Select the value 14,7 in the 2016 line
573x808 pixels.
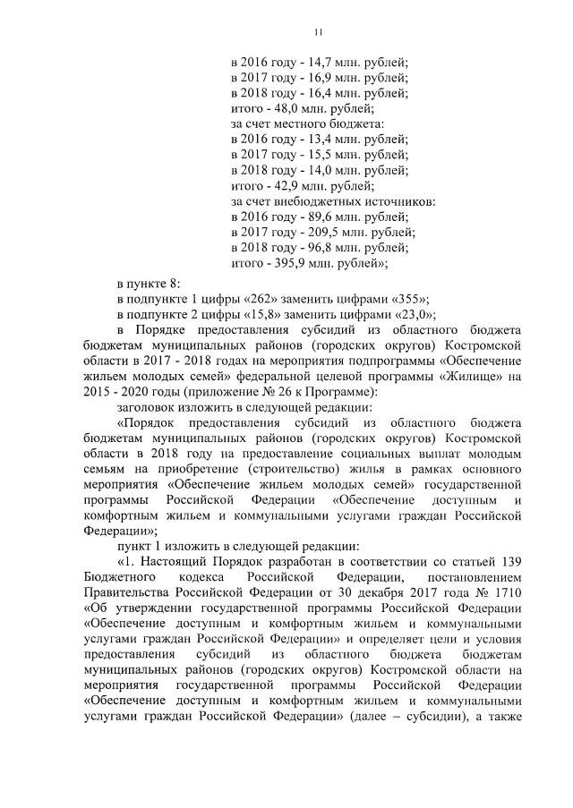(x=312, y=63)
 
